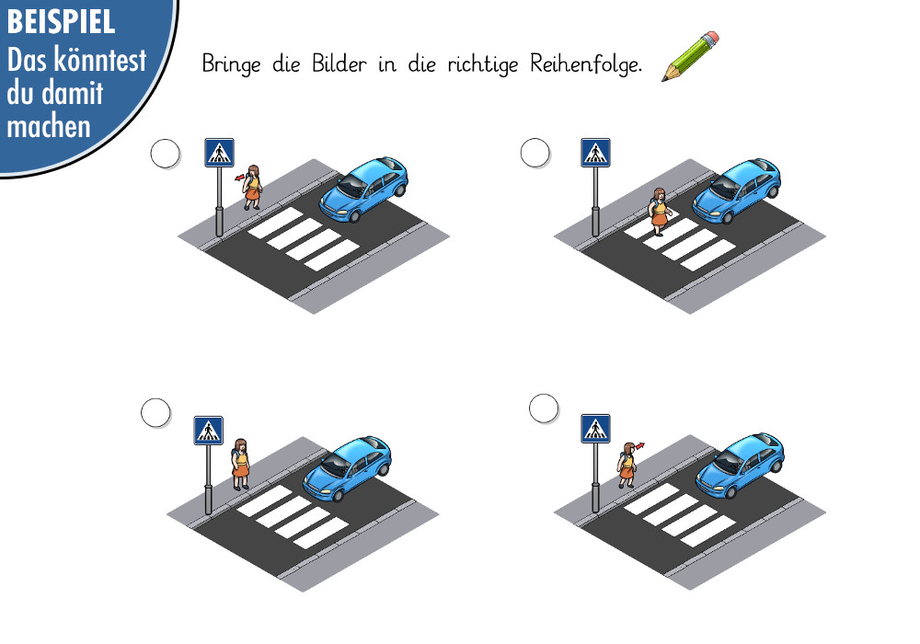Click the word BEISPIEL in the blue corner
pos(61,22)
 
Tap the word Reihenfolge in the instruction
pos(585,63)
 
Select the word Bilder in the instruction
pos(339,63)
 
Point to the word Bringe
pos(231,63)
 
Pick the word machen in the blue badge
pos(49,127)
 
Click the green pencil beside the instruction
pos(690,56)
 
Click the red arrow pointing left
pos(240,178)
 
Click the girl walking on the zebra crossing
pos(660,212)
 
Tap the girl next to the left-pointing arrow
pos(253,187)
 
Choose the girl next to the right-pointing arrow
pos(627,466)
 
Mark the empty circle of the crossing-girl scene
pos(535,153)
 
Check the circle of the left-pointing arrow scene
pos(166,154)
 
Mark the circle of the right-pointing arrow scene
pos(544,408)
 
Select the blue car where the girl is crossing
pos(737,190)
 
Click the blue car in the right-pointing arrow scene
pos(741,466)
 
